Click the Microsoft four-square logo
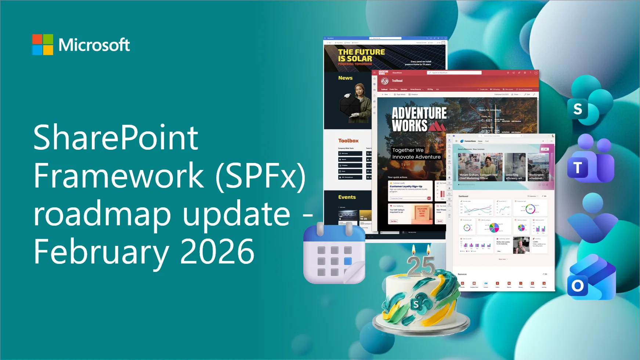click(43, 45)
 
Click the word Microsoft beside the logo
click(94, 45)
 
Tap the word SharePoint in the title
click(116, 138)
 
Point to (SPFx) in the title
click(260, 176)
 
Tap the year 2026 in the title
click(217, 252)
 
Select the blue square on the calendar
click(348, 261)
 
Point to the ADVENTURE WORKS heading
click(419, 119)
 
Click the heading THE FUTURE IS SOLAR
click(361, 55)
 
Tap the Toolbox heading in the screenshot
click(348, 141)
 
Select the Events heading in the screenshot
click(347, 197)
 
